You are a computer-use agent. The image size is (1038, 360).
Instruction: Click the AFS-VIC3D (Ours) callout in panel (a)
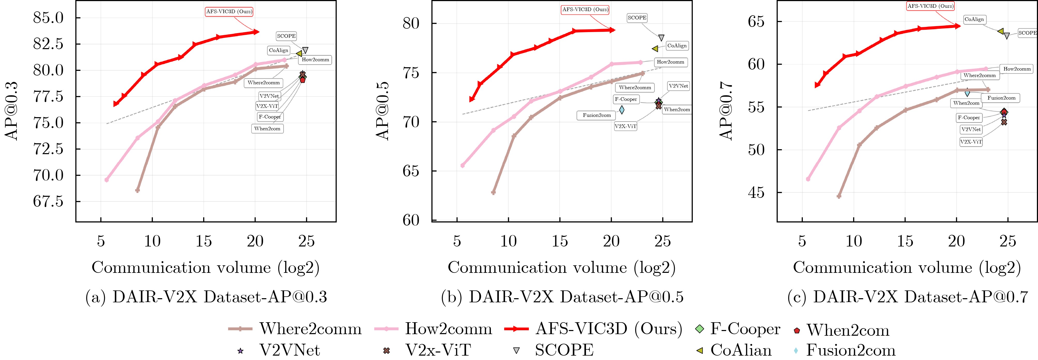point(229,12)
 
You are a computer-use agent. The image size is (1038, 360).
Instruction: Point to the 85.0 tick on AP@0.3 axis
point(48,18)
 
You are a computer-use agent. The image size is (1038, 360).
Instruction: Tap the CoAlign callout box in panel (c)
point(974,19)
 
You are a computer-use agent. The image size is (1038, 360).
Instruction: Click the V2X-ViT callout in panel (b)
point(625,126)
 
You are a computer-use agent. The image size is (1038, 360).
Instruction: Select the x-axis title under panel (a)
point(205,268)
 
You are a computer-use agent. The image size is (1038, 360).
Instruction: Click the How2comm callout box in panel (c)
point(1017,69)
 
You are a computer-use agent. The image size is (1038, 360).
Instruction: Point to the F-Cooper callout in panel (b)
point(626,99)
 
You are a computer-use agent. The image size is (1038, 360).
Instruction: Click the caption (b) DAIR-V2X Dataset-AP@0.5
point(562,297)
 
